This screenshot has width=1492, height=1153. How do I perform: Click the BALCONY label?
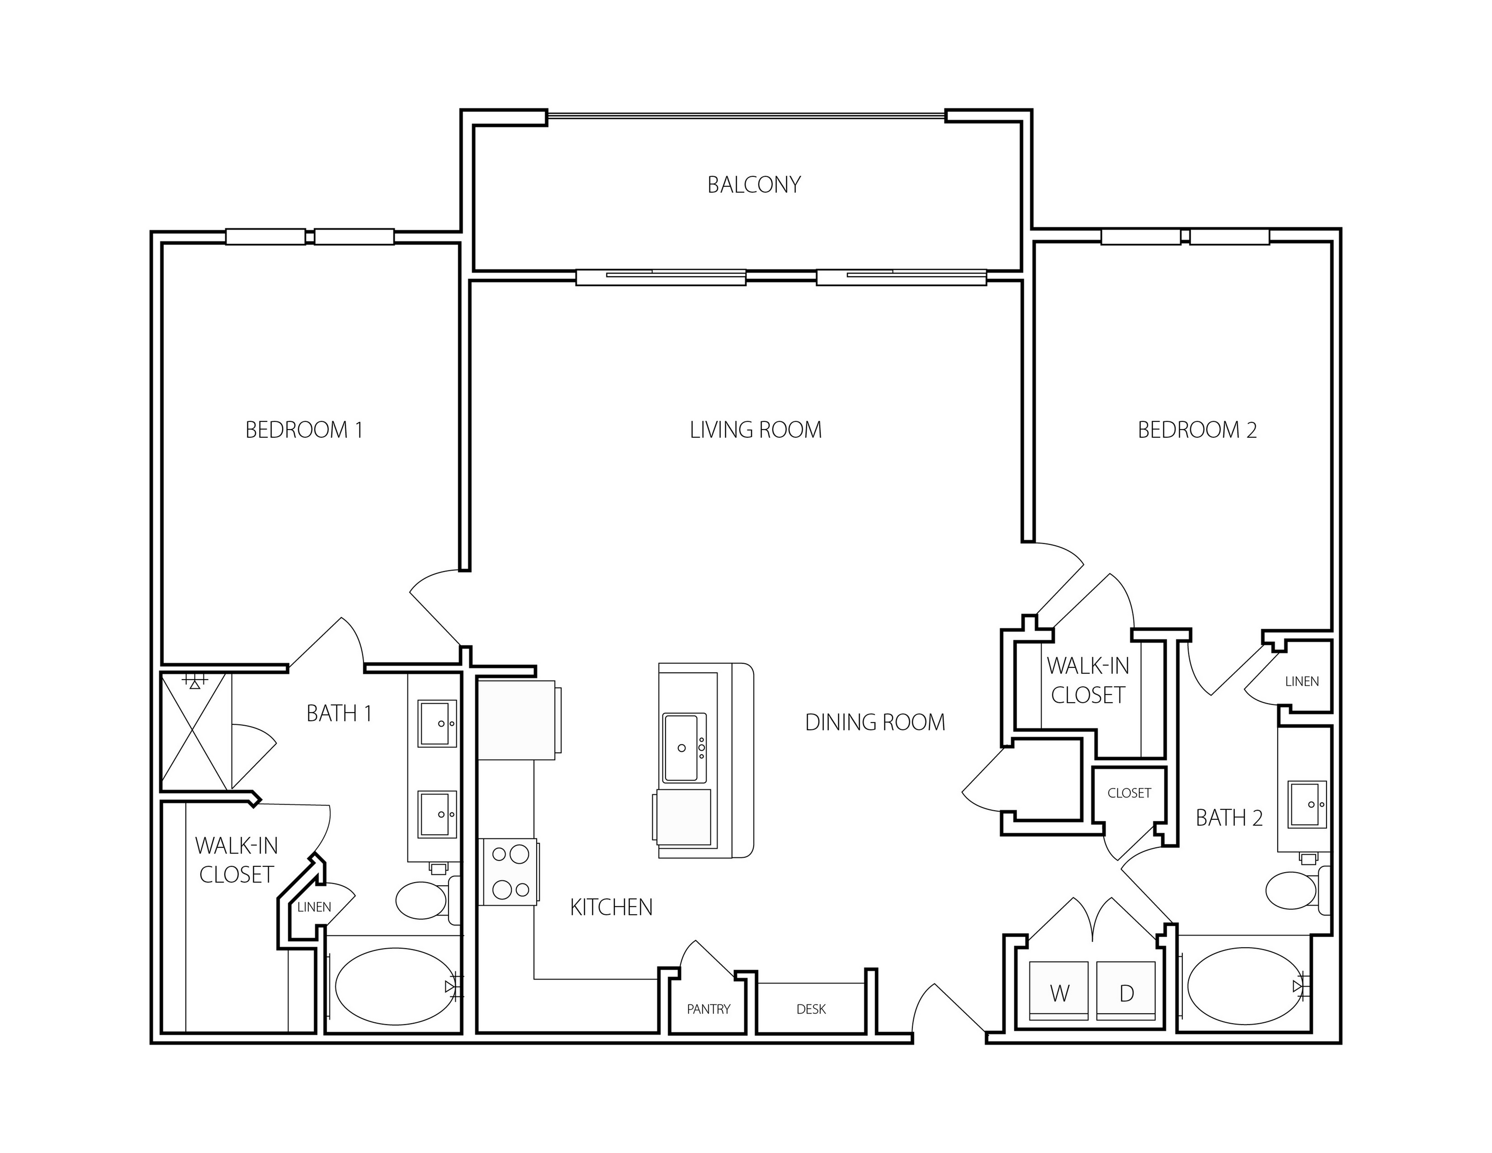(754, 184)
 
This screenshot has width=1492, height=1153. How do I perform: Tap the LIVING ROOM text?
(755, 430)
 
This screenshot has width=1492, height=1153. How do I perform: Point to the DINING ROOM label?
(875, 722)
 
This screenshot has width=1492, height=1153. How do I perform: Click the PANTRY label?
(708, 1009)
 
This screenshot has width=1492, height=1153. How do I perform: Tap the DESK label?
(811, 1009)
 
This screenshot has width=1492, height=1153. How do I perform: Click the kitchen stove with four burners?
(510, 872)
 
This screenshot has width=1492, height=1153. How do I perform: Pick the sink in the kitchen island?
(684, 747)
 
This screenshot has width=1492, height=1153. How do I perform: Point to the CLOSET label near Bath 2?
(1129, 793)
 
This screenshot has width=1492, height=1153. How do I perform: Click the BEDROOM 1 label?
(304, 430)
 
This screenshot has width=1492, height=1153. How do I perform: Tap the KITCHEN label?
(611, 907)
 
